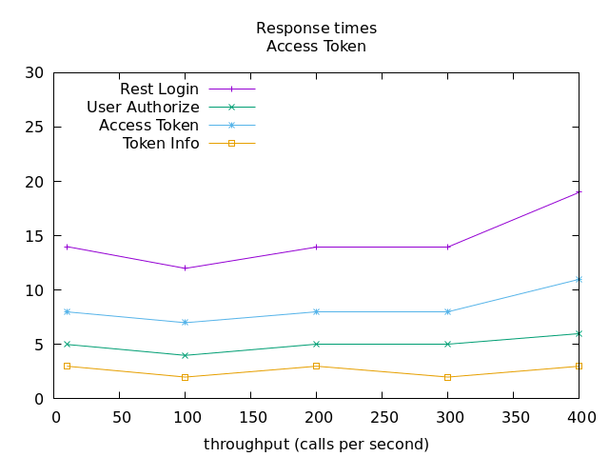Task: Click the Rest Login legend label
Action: (159, 89)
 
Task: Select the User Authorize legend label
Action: (143, 108)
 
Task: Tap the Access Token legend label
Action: (148, 126)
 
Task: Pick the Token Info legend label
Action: (161, 144)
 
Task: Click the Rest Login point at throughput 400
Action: (579, 192)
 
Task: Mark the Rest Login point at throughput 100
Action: (186, 268)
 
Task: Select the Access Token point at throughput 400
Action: (579, 279)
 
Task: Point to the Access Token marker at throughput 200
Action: (316, 311)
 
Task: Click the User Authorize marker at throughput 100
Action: (186, 355)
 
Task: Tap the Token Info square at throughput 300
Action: (447, 377)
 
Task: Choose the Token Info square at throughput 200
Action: (316, 366)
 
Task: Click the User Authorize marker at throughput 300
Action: (447, 344)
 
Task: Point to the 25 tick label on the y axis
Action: (35, 128)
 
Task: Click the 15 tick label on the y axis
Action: (35, 236)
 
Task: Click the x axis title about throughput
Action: (316, 445)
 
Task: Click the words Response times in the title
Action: (316, 29)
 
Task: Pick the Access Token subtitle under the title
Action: (316, 46)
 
